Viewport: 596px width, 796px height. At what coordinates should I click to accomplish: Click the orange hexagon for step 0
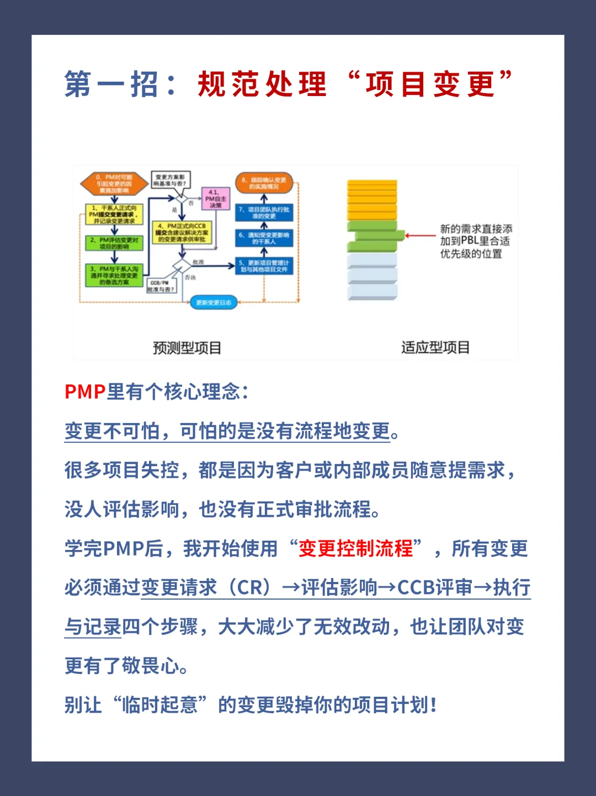tap(114, 184)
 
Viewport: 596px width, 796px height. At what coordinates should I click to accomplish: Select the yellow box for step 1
tap(114, 215)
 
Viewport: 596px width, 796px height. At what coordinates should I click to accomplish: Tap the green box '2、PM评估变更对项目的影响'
tap(114, 243)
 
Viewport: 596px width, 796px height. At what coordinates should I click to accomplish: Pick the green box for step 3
tap(114, 275)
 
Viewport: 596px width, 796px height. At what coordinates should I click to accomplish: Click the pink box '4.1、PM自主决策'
tap(215, 199)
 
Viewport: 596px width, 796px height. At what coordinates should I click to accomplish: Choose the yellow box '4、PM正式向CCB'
tap(182, 233)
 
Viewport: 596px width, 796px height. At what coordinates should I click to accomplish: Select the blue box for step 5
tap(264, 266)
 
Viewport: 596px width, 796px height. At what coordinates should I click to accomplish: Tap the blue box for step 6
tap(264, 238)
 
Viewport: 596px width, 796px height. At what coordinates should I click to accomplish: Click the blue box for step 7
tap(264, 213)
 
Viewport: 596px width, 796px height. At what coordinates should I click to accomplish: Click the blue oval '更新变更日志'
tap(214, 302)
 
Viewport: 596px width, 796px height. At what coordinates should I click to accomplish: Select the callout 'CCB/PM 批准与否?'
tap(161, 286)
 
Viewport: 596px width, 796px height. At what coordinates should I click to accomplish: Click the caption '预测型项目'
tap(187, 348)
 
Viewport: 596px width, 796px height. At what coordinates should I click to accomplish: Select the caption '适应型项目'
tap(435, 348)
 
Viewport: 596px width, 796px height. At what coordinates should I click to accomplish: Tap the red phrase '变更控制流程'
tap(355, 548)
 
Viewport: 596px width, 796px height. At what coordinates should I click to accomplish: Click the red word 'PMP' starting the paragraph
tap(85, 392)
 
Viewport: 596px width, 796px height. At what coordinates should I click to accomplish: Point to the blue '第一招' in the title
tap(111, 84)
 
